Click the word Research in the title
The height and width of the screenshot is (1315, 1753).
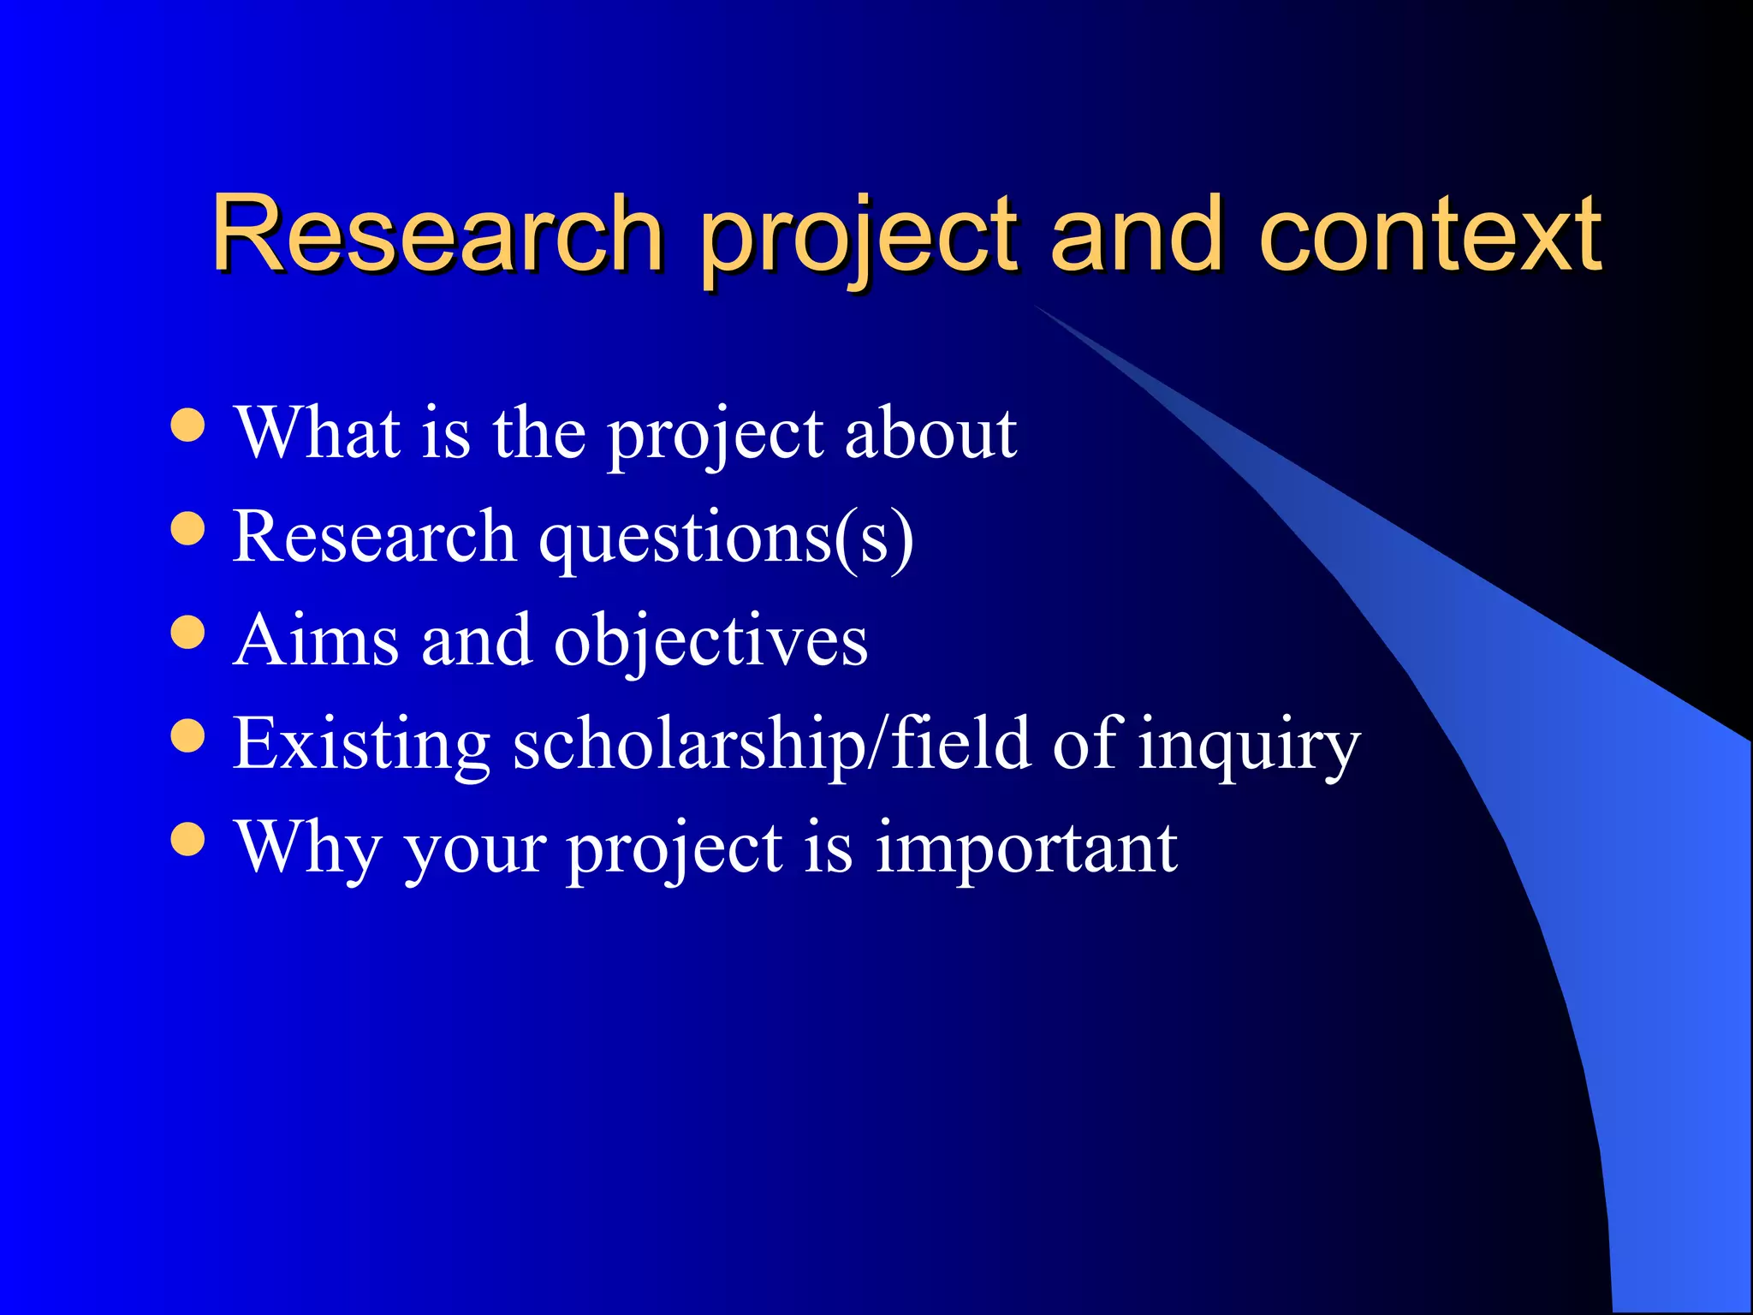(x=437, y=233)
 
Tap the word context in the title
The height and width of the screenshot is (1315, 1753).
(x=1429, y=233)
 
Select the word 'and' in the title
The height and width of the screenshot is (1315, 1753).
(x=1135, y=233)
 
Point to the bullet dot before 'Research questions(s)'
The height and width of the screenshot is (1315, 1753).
(x=187, y=528)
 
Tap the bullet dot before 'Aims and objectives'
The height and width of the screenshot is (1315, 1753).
(x=187, y=632)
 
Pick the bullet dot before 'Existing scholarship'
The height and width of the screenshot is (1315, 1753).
(x=187, y=735)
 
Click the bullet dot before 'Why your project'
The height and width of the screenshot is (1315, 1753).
(x=187, y=839)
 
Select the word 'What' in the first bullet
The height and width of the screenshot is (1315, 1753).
(x=318, y=432)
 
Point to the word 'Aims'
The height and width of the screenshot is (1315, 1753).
(x=316, y=640)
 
